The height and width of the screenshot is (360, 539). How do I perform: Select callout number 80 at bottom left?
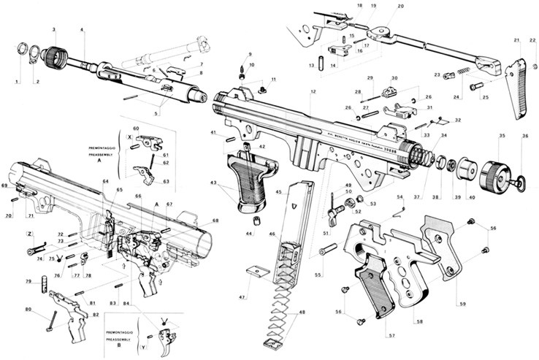click(x=28, y=310)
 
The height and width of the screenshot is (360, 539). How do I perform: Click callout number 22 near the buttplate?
click(x=532, y=40)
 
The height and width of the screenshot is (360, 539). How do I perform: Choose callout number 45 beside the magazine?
click(x=278, y=192)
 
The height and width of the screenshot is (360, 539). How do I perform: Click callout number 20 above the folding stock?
click(x=400, y=7)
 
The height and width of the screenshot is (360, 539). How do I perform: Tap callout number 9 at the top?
click(x=249, y=55)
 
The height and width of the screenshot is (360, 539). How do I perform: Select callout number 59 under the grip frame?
click(x=462, y=302)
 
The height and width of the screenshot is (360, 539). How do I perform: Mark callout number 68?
click(x=215, y=220)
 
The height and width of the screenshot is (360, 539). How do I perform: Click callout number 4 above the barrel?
click(x=82, y=30)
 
